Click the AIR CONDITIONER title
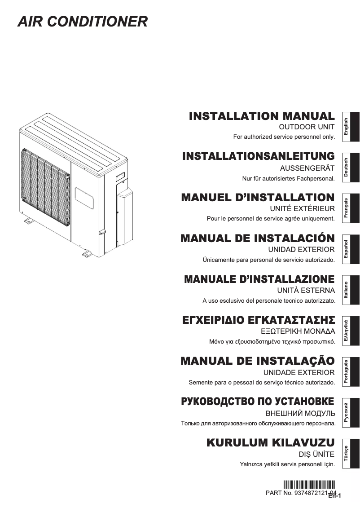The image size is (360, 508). [83, 22]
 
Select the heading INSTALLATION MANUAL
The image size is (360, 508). [262, 116]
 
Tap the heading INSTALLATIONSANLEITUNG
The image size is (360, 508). [259, 156]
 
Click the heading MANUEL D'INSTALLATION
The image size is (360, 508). [258, 197]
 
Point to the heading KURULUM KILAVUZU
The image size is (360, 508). [270, 442]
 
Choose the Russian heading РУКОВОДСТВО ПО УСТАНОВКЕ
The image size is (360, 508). [257, 402]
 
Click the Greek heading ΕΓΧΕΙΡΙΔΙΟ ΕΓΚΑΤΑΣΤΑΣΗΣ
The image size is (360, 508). [259, 320]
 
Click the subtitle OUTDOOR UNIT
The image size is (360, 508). [307, 127]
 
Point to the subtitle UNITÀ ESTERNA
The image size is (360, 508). [306, 290]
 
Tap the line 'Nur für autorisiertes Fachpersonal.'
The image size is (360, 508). [289, 178]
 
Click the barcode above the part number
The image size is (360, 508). [309, 485]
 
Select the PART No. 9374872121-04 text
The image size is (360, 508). [301, 493]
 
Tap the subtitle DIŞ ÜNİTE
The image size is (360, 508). [316, 454]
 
